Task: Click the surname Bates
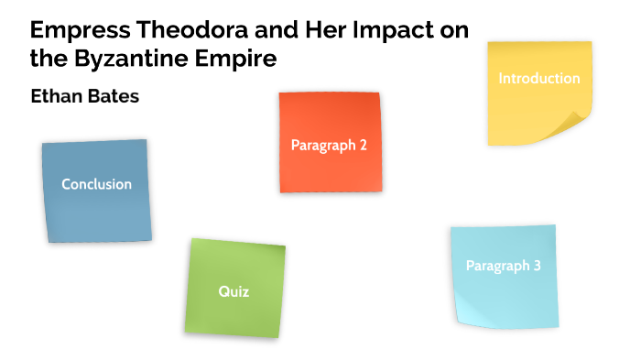[x=114, y=95]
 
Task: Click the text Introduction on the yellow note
[x=538, y=79]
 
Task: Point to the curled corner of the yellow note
[x=575, y=127]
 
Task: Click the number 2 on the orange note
[x=364, y=145]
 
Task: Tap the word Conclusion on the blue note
[x=96, y=184]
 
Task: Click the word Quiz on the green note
[x=234, y=292]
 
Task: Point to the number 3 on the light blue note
[x=537, y=267]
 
